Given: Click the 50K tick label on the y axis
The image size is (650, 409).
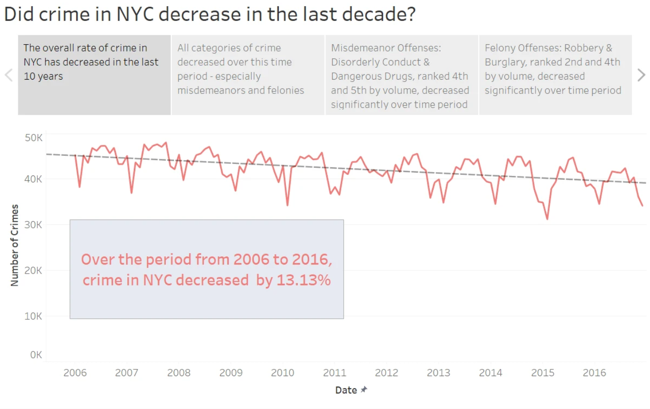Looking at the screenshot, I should pyautogui.click(x=33, y=138).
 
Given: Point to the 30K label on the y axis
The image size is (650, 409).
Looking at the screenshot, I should pyautogui.click(x=33, y=225).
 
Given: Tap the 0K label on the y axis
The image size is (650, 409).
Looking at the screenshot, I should pyautogui.click(x=36, y=355).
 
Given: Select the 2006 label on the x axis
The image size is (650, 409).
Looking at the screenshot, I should pyautogui.click(x=75, y=373).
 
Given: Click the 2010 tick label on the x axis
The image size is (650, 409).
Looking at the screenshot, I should pyautogui.click(x=283, y=373).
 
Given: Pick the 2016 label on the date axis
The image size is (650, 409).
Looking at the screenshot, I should pyautogui.click(x=594, y=373).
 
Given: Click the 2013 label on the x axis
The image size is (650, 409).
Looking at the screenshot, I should pyautogui.click(x=438, y=373).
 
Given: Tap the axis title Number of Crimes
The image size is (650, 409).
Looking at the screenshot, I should pyautogui.click(x=15, y=245).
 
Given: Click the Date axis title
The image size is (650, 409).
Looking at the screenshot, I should pyautogui.click(x=346, y=390).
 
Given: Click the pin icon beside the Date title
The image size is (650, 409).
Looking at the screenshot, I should pyautogui.click(x=364, y=389).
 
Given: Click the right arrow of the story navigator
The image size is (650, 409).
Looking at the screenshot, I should pyautogui.click(x=641, y=75).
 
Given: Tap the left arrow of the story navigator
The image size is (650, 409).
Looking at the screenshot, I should pyautogui.click(x=9, y=75).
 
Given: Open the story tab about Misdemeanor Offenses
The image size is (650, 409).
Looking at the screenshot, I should pyautogui.click(x=401, y=75).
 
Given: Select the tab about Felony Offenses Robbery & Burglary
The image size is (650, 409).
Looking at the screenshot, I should pyautogui.click(x=555, y=75).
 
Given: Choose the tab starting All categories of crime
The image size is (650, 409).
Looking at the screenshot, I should pyautogui.click(x=248, y=75).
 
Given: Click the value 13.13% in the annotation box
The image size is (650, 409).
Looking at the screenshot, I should pyautogui.click(x=304, y=280).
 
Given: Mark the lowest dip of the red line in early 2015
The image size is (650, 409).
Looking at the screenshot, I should pyautogui.click(x=547, y=219).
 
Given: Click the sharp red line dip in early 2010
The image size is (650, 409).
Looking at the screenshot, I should pyautogui.click(x=287, y=205).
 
